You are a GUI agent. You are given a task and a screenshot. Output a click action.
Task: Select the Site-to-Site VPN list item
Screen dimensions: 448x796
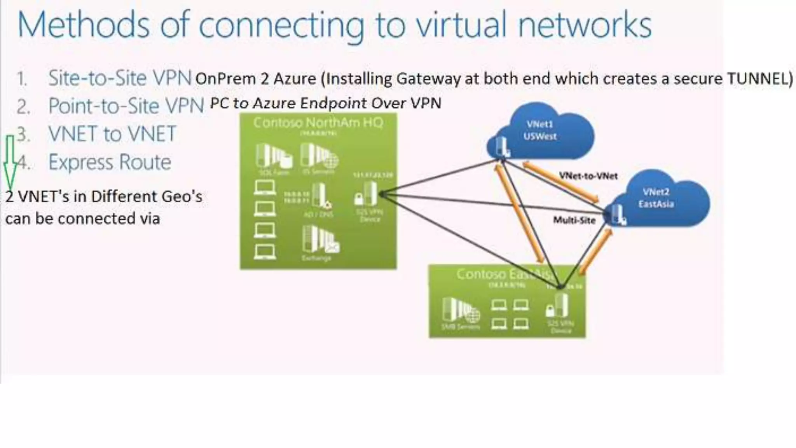pos(120,78)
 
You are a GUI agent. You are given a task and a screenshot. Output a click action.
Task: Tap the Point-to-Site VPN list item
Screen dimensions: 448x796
pos(126,106)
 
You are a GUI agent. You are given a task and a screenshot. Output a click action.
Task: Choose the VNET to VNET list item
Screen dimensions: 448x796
pos(112,134)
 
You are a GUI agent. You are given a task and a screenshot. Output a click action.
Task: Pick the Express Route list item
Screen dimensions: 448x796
pos(110,162)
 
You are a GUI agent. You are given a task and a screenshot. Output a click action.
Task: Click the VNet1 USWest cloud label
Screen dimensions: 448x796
pos(539,130)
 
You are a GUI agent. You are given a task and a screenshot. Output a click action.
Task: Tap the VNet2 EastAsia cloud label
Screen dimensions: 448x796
pos(656,198)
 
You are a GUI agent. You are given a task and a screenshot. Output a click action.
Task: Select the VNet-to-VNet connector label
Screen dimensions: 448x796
pos(588,176)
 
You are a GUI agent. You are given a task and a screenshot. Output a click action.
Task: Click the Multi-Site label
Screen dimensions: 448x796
pos(574,220)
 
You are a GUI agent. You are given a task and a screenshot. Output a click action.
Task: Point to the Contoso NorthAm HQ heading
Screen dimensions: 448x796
pos(318,123)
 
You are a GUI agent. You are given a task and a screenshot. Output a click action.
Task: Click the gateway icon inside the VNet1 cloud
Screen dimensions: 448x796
pos(502,147)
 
